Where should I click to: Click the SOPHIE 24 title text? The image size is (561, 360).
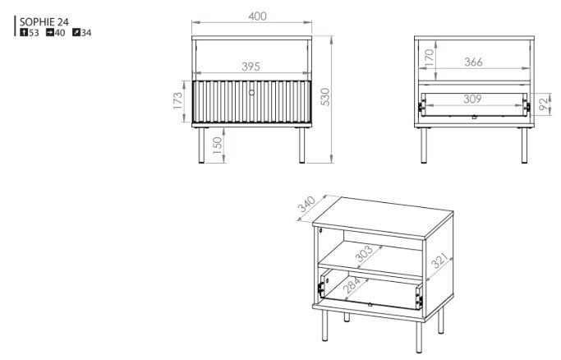(x=44, y=22)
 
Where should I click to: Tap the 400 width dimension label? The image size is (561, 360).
(x=257, y=16)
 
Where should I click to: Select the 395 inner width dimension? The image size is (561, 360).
(x=251, y=67)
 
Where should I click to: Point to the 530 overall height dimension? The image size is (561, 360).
(x=325, y=97)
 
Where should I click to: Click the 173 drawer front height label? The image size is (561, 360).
(x=177, y=100)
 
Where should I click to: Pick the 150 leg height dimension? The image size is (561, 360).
(x=217, y=145)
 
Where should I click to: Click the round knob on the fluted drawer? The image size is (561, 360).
(x=251, y=93)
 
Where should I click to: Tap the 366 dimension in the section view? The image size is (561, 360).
(x=473, y=62)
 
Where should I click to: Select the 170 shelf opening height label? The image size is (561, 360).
(x=429, y=58)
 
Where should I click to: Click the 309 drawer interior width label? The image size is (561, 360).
(x=472, y=99)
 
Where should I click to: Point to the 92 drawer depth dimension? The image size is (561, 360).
(x=543, y=104)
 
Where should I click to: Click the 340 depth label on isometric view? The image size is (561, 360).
(x=306, y=204)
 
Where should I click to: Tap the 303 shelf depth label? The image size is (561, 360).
(x=364, y=255)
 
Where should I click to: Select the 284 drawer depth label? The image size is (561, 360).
(x=352, y=285)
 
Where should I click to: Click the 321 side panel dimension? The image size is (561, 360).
(x=439, y=261)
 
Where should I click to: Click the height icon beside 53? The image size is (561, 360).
(x=24, y=33)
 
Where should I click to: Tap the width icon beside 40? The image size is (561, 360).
(x=50, y=33)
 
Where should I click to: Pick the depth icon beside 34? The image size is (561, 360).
(x=76, y=33)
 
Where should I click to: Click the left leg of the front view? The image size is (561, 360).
(x=201, y=145)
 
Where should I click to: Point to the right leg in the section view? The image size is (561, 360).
(x=524, y=145)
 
